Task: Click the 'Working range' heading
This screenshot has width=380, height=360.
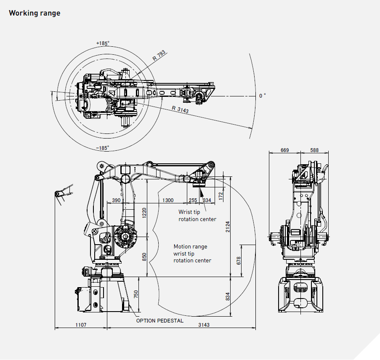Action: click(x=35, y=13)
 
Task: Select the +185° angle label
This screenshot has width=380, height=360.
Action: click(x=102, y=43)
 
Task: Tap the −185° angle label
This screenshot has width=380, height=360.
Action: click(x=102, y=148)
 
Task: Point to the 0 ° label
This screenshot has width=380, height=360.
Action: click(x=262, y=96)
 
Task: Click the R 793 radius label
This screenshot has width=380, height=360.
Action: click(x=159, y=56)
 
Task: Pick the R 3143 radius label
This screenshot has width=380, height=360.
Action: click(x=181, y=109)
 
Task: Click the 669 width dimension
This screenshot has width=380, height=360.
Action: click(x=285, y=150)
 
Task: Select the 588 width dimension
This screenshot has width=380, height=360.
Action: click(x=314, y=150)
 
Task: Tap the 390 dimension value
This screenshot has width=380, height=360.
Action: click(x=116, y=200)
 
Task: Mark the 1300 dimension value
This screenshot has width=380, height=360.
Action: click(x=168, y=200)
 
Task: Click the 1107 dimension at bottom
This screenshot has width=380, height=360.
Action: click(x=81, y=325)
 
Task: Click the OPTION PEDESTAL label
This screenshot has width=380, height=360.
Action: click(x=160, y=320)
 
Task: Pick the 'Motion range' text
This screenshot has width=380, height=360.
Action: click(x=190, y=247)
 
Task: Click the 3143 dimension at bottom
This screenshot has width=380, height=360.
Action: click(x=204, y=325)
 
